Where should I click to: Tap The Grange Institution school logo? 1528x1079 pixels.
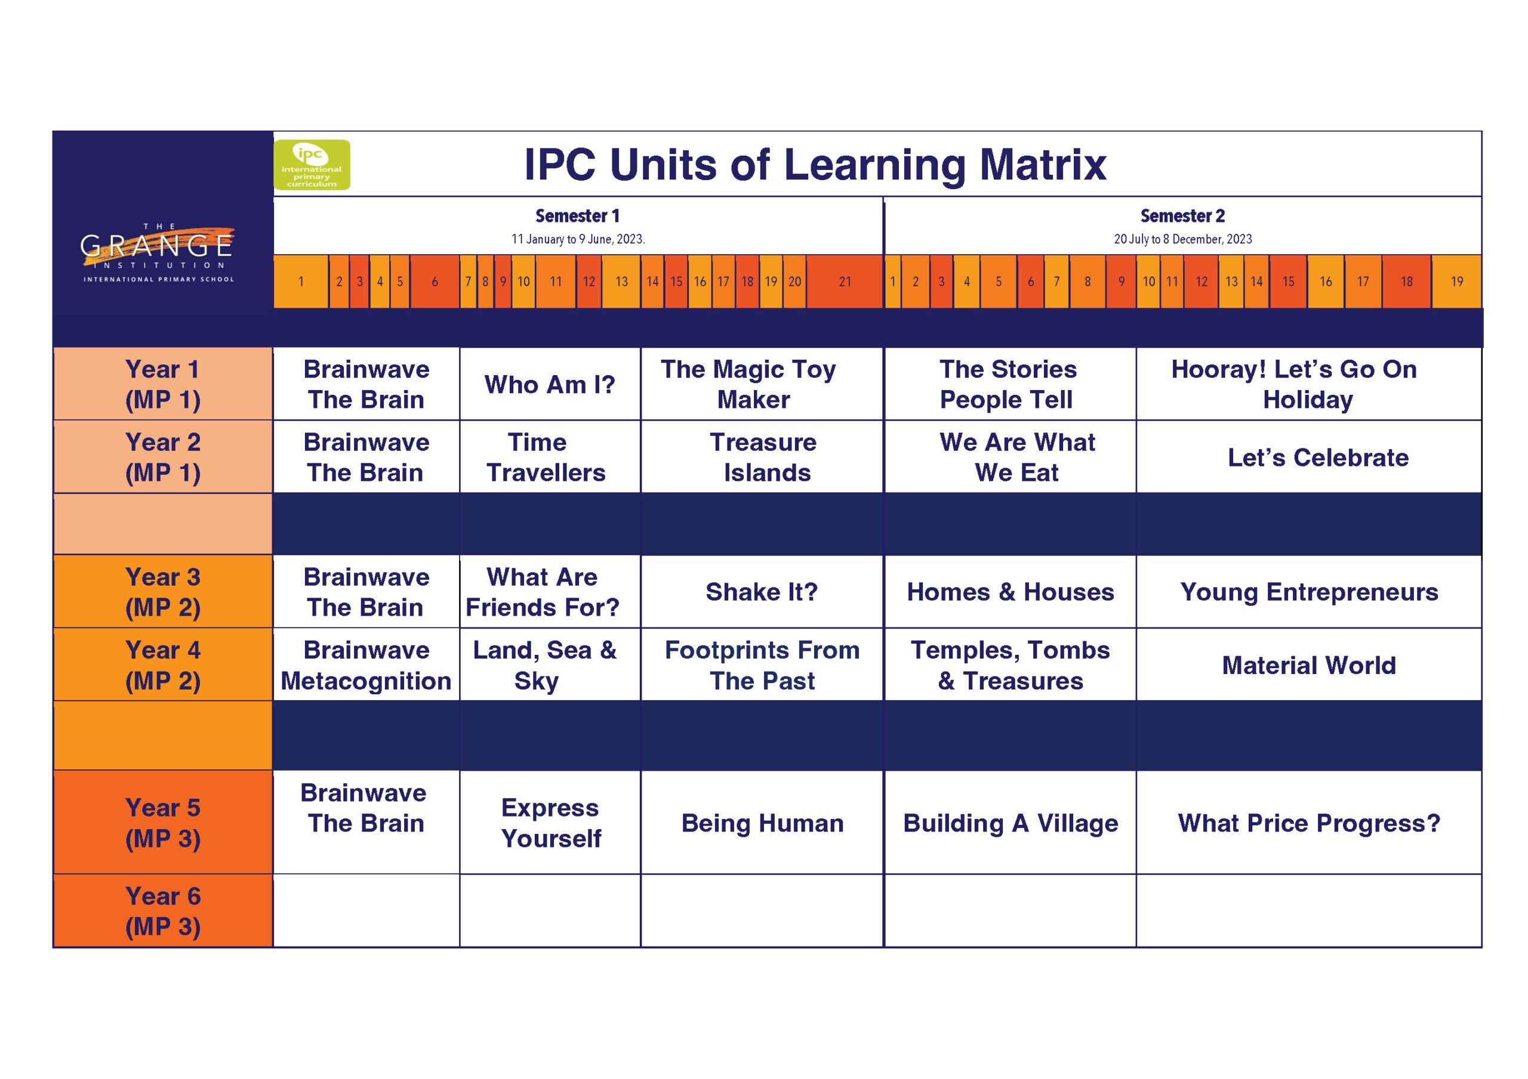[x=158, y=253]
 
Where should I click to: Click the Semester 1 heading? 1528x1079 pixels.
[x=577, y=216]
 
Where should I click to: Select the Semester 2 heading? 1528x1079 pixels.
[x=1182, y=216]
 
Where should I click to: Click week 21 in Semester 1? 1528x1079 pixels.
[x=845, y=282]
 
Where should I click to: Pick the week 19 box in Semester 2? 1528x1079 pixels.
[x=1456, y=282]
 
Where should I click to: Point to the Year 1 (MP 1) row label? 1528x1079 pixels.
[x=163, y=384]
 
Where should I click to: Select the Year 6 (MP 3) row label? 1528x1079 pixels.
[x=163, y=911]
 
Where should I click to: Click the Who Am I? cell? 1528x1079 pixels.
[x=550, y=385]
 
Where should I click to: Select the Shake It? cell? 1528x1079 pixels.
[x=762, y=591]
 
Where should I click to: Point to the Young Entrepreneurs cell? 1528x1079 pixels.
[x=1308, y=591]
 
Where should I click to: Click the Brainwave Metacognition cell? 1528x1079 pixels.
[x=366, y=665]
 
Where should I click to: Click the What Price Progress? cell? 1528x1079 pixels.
[x=1308, y=823]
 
